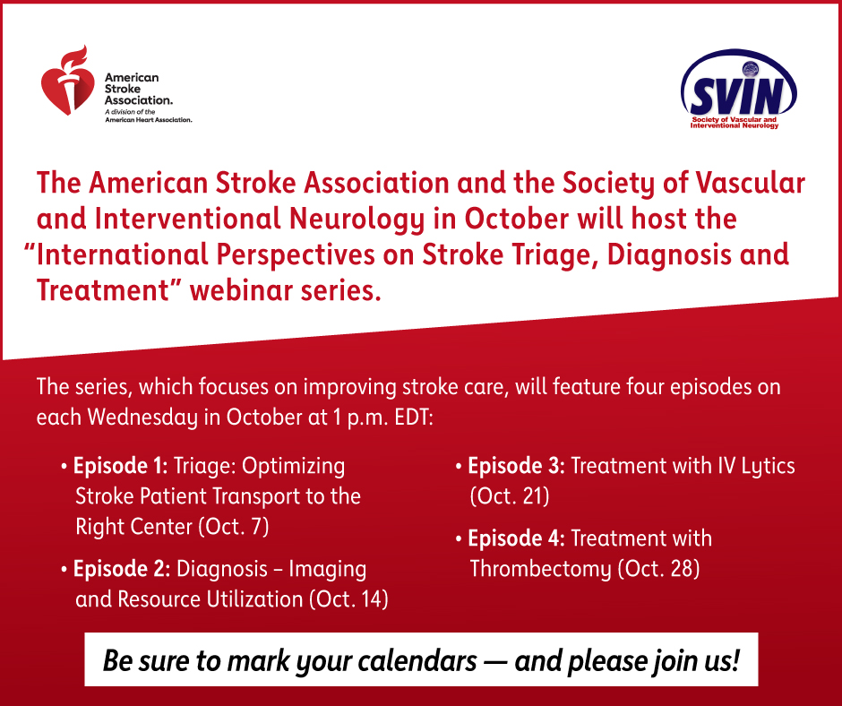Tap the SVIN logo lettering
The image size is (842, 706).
click(736, 96)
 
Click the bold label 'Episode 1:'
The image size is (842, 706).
click(121, 466)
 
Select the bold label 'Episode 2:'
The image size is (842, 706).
click(122, 569)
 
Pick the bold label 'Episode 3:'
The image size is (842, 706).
click(517, 466)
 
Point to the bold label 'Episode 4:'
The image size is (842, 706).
click(517, 538)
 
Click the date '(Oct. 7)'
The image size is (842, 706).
click(234, 527)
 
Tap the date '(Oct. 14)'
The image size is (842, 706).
click(348, 599)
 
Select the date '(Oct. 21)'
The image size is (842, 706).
click(510, 496)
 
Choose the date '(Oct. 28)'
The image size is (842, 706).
click(659, 568)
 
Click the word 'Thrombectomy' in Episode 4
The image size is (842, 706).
click(541, 570)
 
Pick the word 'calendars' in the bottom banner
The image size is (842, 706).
click(417, 661)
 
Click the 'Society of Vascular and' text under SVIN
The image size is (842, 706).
click(735, 119)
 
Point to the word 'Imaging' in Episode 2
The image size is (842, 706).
click(328, 570)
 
